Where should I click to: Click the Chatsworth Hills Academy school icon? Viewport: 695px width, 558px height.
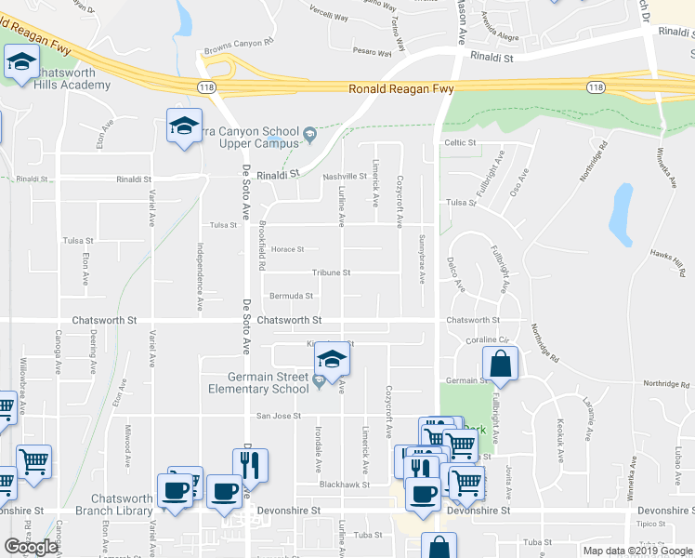pyautogui.click(x=20, y=64)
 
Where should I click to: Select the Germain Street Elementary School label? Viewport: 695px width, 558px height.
pyautogui.click(x=269, y=383)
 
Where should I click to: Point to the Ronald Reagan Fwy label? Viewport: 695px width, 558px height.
pyautogui.click(x=400, y=90)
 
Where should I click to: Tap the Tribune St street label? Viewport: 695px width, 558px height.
pyautogui.click(x=331, y=272)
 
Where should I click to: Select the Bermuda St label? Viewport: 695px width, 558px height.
pyautogui.click(x=291, y=296)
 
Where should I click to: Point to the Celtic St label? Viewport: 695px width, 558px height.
pyautogui.click(x=459, y=143)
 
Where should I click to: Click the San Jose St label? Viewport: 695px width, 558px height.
pyautogui.click(x=278, y=416)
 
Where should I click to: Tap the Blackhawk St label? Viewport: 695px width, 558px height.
pyautogui.click(x=344, y=485)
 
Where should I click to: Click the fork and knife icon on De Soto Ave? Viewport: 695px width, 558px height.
pyautogui.click(x=250, y=466)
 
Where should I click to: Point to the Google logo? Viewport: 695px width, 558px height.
pyautogui.click(x=31, y=547)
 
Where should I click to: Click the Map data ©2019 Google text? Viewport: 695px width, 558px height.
pyautogui.click(x=636, y=551)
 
